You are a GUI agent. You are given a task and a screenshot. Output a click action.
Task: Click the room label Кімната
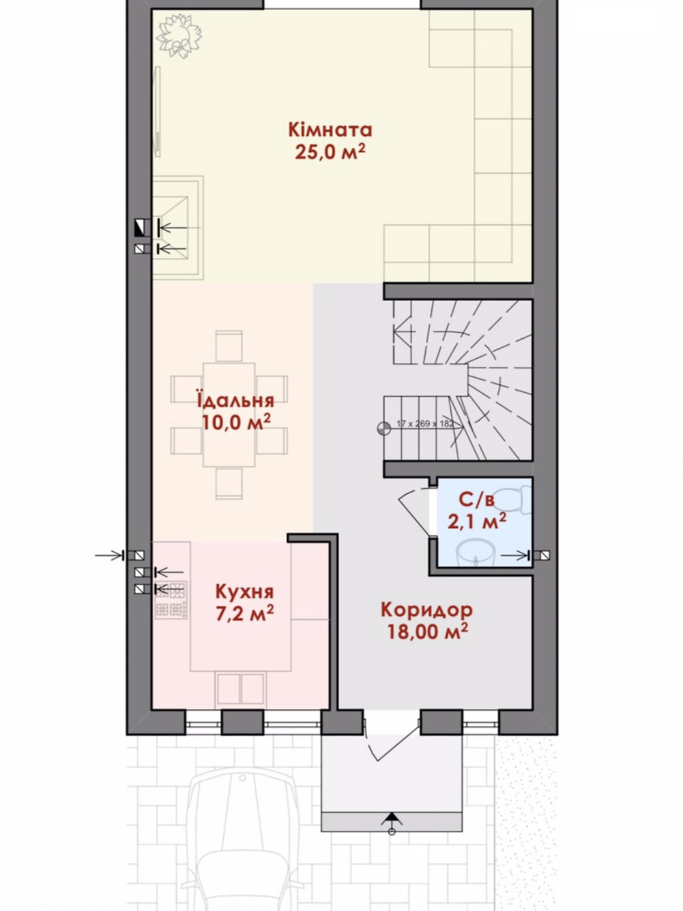point(330,130)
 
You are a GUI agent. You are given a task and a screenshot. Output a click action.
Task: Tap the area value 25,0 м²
point(330,152)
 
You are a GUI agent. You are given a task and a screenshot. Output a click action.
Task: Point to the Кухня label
point(244,592)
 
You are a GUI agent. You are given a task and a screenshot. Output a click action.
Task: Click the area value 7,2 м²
point(244,613)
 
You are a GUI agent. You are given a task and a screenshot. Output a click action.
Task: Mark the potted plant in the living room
point(179,35)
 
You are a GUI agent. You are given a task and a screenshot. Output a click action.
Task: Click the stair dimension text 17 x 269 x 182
point(426,424)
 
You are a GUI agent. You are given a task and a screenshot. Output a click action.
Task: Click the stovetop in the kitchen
point(171,600)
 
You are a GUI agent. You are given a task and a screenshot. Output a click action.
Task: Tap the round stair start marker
point(384,428)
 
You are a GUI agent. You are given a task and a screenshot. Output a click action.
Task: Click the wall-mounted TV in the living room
point(158,112)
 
